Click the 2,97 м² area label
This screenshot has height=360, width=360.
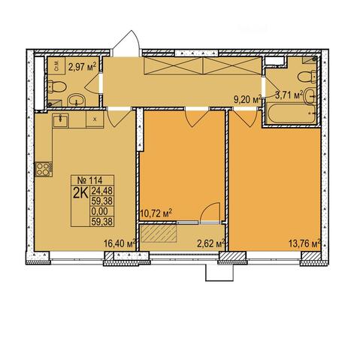[x=83, y=67]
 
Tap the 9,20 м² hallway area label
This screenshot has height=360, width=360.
[x=247, y=99]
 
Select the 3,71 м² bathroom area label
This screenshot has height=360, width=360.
[x=289, y=95]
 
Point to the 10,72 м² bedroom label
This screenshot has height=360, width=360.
[x=156, y=213]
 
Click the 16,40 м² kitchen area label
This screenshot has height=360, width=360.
[x=119, y=243]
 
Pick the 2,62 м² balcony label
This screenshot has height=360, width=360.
[x=210, y=244]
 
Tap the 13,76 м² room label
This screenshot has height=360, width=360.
[x=304, y=243]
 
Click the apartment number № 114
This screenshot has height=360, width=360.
[x=90, y=180]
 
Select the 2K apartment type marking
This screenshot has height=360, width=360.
[x=80, y=193]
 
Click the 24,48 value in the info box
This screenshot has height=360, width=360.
[x=102, y=191]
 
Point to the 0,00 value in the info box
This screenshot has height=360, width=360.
[x=100, y=211]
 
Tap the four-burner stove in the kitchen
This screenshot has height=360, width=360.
[x=44, y=169]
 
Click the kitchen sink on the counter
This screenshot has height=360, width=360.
[x=60, y=120]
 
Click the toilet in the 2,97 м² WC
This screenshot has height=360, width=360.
[x=57, y=86]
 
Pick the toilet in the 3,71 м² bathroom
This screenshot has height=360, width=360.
[x=307, y=76]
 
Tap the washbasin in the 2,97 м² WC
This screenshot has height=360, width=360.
[x=77, y=100]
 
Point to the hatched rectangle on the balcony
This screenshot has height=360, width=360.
[x=158, y=233]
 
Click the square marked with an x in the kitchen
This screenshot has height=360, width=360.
[x=95, y=119]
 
